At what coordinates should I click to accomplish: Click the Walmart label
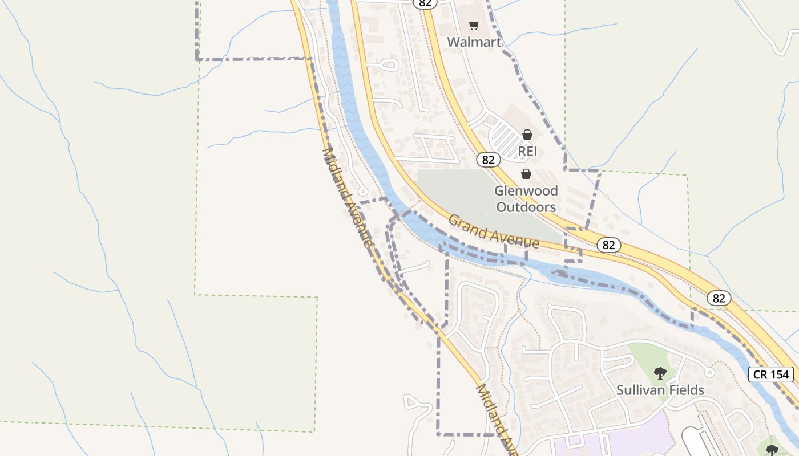tap(474, 42)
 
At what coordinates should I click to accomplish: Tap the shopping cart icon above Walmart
tap(474, 25)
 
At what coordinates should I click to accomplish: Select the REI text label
tap(527, 152)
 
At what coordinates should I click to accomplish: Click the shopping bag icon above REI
tap(527, 135)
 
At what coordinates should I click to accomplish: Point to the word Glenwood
tap(526, 190)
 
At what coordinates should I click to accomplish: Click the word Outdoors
tap(526, 206)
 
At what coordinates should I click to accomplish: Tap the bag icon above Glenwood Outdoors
tap(526, 174)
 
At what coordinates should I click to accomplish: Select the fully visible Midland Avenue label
tap(348, 197)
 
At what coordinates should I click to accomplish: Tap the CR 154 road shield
tap(771, 374)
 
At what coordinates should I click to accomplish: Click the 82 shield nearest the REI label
tap(487, 160)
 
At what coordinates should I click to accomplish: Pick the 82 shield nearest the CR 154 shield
tap(719, 298)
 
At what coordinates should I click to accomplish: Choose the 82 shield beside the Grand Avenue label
tap(608, 245)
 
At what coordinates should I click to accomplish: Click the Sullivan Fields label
tap(660, 390)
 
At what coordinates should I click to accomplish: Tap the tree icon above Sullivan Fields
tap(660, 373)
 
